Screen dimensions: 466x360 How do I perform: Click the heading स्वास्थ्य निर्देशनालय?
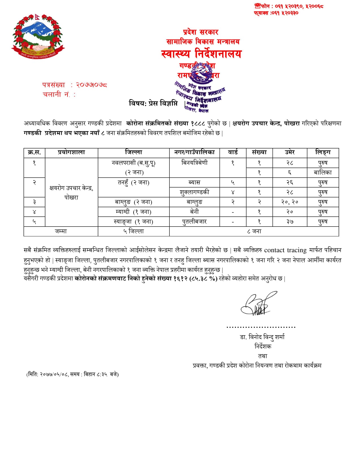(202, 54)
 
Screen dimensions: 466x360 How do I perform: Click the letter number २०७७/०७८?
(91, 85)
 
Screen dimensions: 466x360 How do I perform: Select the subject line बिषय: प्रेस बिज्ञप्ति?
(153, 103)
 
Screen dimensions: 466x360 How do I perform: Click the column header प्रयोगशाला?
(71, 153)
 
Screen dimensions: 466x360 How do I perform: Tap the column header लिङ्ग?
(323, 153)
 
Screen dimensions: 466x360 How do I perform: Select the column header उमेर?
(290, 153)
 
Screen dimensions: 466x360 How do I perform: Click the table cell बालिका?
(323, 172)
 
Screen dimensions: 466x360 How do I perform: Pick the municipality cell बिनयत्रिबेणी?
(195, 163)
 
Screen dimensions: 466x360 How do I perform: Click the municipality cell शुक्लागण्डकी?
(195, 192)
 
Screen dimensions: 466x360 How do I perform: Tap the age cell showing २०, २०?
(290, 202)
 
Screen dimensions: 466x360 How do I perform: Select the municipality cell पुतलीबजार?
(195, 222)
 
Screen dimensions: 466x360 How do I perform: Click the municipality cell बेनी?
(195, 212)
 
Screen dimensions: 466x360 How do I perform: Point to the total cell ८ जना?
(254, 232)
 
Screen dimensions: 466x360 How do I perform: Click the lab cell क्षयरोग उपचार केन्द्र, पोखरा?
(71, 193)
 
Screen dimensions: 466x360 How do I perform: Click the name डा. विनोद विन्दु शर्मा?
(262, 337)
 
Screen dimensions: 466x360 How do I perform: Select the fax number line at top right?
(276, 13)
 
